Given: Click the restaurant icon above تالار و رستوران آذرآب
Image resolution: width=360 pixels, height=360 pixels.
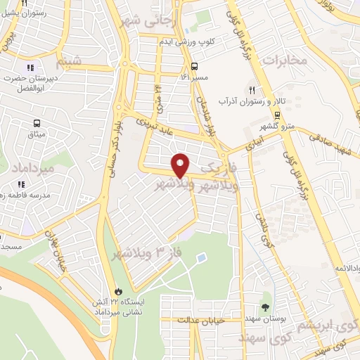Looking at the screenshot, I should (x=251, y=90).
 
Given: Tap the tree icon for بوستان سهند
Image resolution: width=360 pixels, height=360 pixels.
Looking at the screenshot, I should (x=265, y=307).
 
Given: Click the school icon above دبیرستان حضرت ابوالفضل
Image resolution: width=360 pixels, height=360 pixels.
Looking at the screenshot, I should (x=30, y=68).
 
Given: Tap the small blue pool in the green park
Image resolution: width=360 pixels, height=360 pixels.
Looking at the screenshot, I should (x=202, y=259).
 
